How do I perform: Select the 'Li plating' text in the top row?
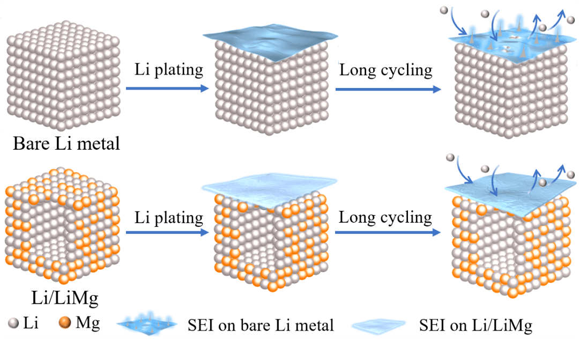pos(169,69)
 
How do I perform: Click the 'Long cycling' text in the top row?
pos(386,69)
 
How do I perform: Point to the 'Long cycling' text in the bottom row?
pos(386,217)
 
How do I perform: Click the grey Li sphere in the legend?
pos(14,323)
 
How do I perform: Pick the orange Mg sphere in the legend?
pos(65,323)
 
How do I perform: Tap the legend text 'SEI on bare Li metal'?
pos(261,325)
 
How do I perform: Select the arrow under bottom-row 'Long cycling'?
pos(388,233)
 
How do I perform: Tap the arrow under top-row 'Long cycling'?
pos(388,89)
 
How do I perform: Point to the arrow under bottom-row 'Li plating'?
pos(167,233)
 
